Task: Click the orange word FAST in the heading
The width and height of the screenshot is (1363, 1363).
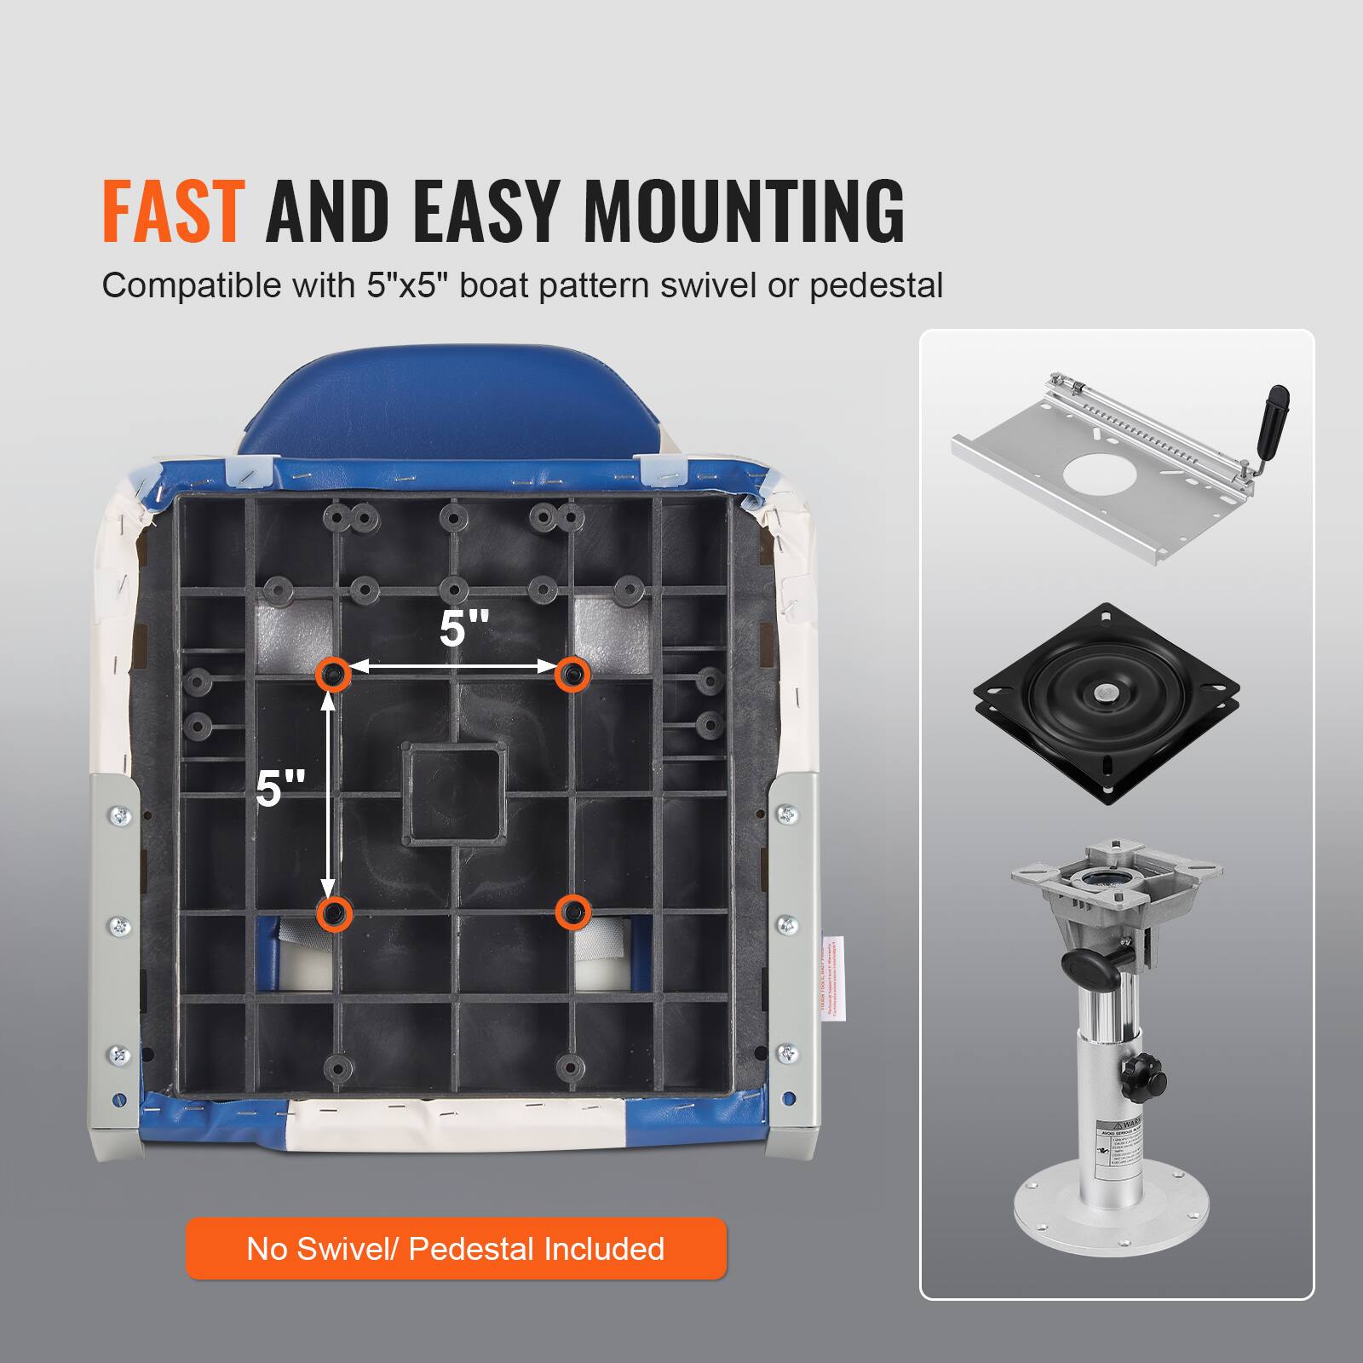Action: coord(173,210)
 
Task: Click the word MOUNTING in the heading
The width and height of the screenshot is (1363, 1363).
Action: coord(743,210)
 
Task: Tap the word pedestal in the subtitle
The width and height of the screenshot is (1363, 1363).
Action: coord(876,285)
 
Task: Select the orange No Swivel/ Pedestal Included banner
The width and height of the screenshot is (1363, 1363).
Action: coord(456,1249)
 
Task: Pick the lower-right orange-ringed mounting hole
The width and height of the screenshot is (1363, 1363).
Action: coord(572,912)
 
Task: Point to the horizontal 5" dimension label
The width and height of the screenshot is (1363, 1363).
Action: coord(464,629)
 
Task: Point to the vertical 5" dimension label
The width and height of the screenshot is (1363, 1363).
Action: coord(280,788)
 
